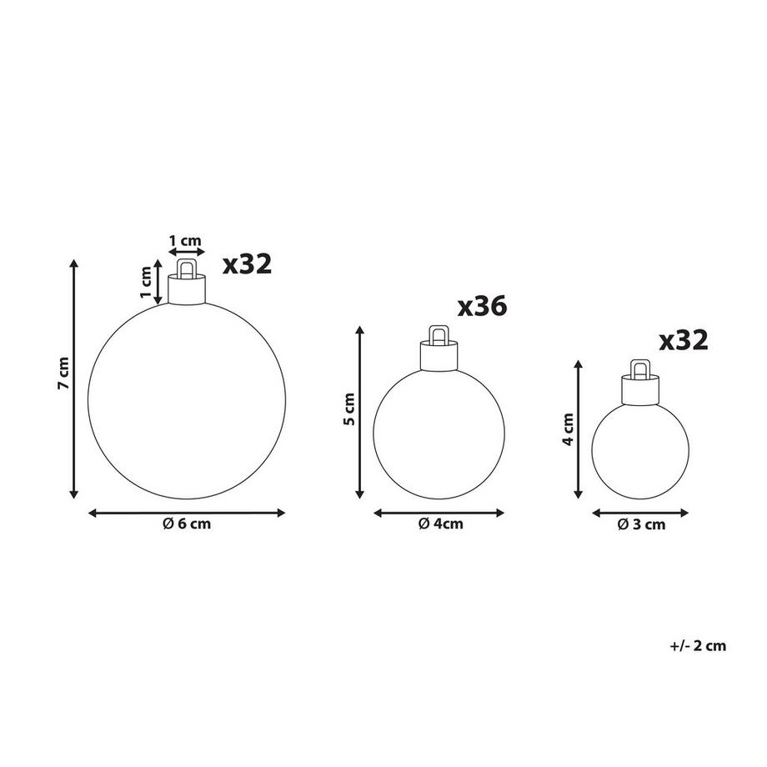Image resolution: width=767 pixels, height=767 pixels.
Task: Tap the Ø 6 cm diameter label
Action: (187, 524)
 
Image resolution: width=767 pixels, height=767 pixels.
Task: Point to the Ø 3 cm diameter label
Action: (641, 524)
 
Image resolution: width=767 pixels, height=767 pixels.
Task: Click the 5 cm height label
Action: (349, 409)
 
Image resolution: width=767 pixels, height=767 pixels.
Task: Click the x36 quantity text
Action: (483, 307)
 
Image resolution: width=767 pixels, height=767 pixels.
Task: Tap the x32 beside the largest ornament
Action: (248, 264)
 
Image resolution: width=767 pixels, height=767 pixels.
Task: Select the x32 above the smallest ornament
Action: (684, 339)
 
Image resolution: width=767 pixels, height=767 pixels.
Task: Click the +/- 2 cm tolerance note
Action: (698, 645)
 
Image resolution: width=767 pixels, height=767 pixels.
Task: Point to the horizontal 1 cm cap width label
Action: (185, 241)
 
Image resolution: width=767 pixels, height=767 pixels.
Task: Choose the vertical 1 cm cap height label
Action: (147, 283)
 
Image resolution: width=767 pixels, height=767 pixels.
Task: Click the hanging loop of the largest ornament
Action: (186, 268)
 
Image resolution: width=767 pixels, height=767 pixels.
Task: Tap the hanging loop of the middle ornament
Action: (438, 334)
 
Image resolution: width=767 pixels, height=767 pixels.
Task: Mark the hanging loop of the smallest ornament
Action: (640, 368)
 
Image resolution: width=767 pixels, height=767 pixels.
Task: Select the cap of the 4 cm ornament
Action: (438, 356)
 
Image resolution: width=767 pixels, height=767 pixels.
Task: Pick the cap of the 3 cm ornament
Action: (640, 389)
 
